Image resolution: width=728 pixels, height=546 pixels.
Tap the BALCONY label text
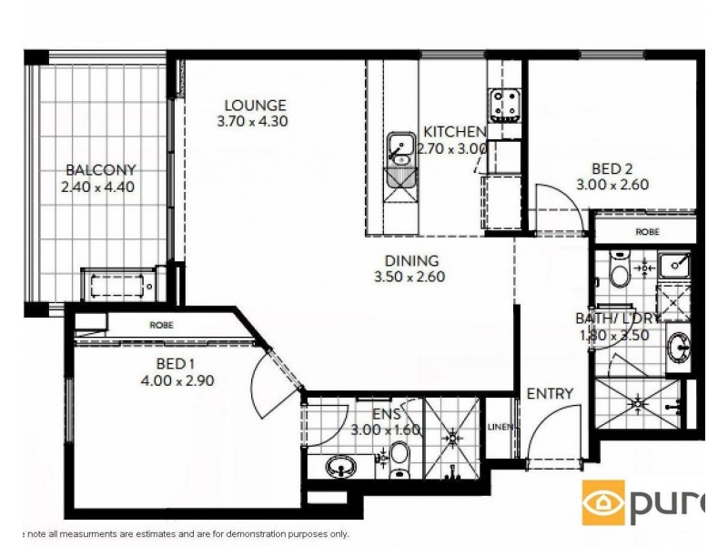coord(100,169)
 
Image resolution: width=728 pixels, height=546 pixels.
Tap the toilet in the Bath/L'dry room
coord(619,272)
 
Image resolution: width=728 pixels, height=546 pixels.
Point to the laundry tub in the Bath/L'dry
coord(675,265)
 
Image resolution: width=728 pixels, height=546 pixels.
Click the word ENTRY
coord(550,394)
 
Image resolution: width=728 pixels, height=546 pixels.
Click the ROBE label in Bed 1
coord(164,325)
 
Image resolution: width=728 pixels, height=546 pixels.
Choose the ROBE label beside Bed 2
coord(647,232)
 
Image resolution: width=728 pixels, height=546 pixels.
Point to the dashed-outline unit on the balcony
coord(119,286)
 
